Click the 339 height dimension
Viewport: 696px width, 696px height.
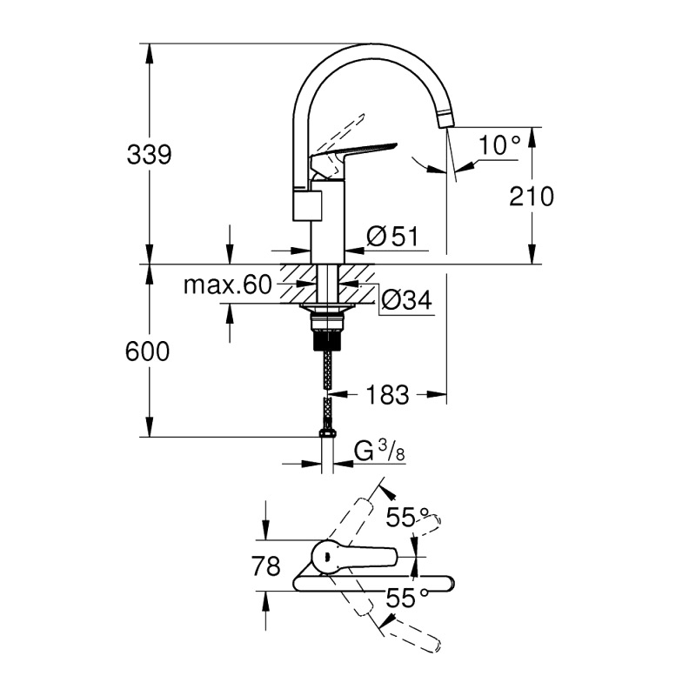tap(149, 155)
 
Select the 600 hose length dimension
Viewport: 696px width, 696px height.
tap(147, 351)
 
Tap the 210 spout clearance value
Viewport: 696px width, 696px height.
tap(532, 197)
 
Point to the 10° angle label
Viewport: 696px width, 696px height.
tap(499, 144)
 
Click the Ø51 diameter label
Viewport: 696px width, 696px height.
tap(393, 236)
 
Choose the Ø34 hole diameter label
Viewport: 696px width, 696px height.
tap(406, 299)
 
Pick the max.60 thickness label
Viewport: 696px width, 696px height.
tap(227, 284)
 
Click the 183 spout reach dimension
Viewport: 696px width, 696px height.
tap(387, 394)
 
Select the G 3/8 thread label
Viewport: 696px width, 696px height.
tap(379, 452)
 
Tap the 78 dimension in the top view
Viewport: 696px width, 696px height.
tap(266, 566)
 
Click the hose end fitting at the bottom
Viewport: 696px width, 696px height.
tap(328, 433)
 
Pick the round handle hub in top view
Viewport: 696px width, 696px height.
tap(327, 557)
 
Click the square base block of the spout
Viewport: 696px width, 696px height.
tap(307, 205)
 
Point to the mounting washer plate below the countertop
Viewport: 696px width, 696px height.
tap(328, 307)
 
